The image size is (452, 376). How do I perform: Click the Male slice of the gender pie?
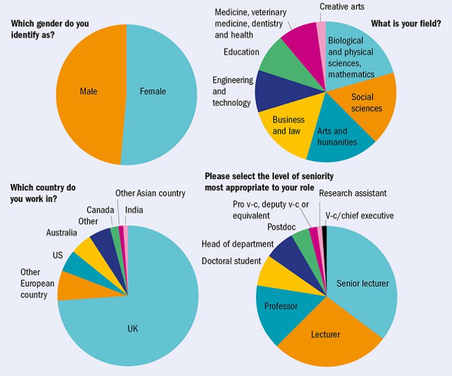point(89,92)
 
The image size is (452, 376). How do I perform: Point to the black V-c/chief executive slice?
point(325,231)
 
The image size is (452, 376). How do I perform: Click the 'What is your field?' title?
point(406,24)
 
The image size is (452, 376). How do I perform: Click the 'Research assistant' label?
point(352,193)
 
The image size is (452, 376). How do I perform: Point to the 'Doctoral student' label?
point(231,261)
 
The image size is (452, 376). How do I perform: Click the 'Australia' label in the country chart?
point(62,233)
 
